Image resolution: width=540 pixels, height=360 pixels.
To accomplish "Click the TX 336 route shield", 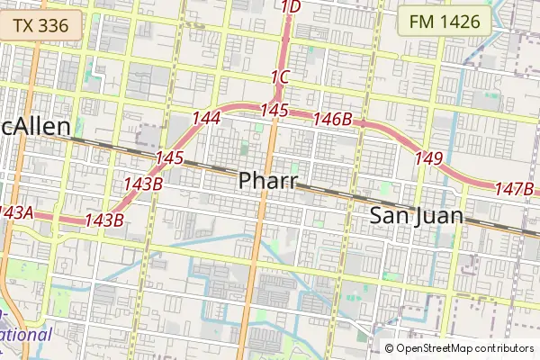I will pos(41,25).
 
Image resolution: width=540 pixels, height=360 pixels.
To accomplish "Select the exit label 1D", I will pos(291,8).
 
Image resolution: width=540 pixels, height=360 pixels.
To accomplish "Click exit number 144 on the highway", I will pos(206,118).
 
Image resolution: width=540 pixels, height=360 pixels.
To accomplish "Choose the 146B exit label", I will pos(332,119).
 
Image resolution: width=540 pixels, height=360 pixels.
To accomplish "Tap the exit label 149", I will pos(429,158).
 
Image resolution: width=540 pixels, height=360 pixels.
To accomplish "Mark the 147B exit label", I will pos(515,188).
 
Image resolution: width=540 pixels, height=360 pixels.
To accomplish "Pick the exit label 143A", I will pos(15,212).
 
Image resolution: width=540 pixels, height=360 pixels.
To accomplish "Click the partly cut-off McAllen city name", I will pos(35,128).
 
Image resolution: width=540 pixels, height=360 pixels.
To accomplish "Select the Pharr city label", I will pos(268,181).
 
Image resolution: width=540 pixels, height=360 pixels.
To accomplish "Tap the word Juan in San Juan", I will pos(440,216).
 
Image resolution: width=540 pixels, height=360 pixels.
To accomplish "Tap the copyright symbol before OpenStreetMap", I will pos(390,348).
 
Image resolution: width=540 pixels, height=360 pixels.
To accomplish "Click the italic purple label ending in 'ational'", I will pos(25,335).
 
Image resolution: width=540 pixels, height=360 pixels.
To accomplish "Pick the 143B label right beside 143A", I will pos(103,220).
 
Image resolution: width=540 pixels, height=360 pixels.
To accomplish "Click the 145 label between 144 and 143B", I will pos(168,158).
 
